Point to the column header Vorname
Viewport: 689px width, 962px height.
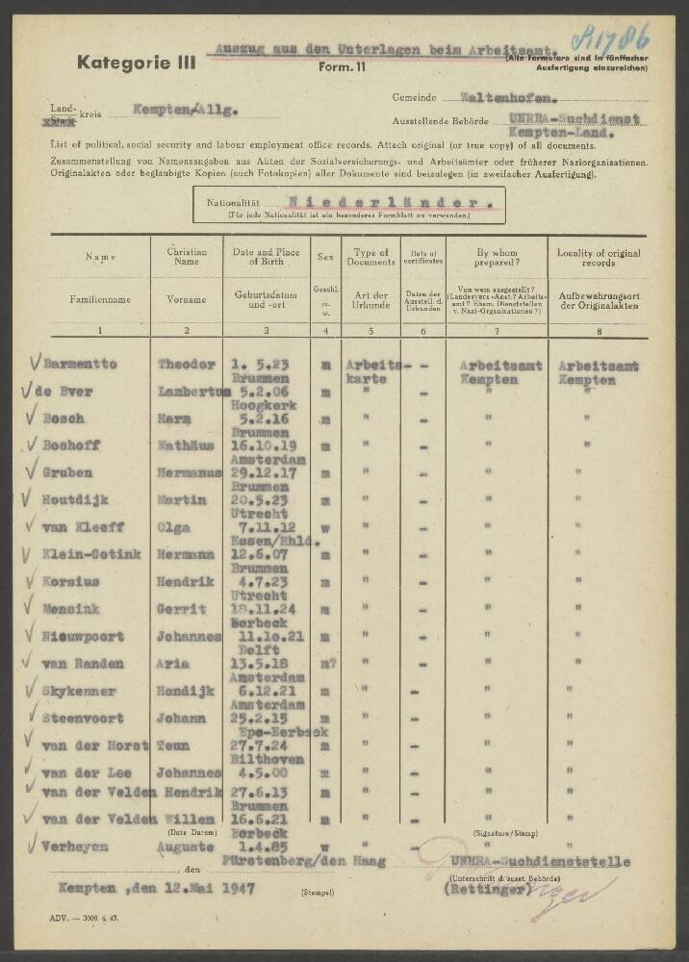tap(187, 300)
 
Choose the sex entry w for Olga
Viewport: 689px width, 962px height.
tap(327, 527)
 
